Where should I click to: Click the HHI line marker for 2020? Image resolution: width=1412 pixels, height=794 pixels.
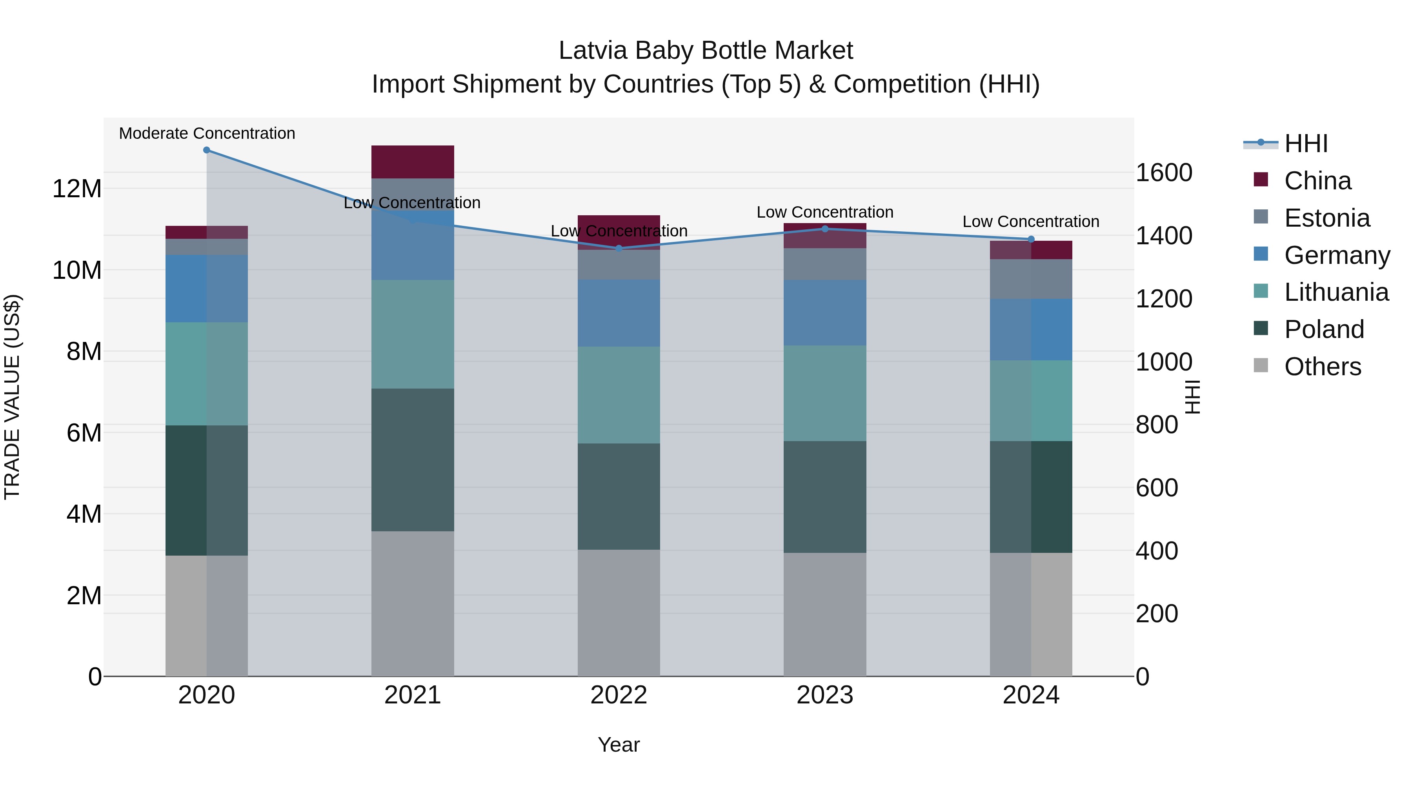pos(207,150)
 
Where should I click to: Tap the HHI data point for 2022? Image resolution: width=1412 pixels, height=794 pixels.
pos(619,248)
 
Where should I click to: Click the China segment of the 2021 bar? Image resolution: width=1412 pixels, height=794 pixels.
pos(413,162)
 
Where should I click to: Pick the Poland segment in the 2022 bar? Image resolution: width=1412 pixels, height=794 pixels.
pos(619,496)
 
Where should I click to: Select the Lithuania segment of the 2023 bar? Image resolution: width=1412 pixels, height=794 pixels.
pos(825,393)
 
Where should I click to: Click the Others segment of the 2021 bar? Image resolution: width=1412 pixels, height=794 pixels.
pos(413,603)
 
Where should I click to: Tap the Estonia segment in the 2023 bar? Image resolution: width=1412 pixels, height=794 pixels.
pos(825,264)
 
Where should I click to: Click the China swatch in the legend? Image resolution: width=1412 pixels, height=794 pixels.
pos(1261,180)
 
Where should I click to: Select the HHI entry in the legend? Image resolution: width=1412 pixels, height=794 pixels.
pos(1306,144)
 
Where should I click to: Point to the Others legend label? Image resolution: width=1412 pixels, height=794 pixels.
pos(1322,367)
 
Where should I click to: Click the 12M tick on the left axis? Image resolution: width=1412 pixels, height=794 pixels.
pos(77,189)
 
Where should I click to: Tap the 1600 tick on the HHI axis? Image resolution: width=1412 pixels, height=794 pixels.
pos(1163,173)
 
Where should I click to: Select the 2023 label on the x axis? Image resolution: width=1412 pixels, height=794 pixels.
pos(825,695)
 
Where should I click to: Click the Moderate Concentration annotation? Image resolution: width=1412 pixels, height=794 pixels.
pos(207,134)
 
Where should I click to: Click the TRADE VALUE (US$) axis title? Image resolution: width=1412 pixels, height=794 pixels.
pos(12,397)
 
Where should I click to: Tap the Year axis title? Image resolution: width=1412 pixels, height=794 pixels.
pos(619,745)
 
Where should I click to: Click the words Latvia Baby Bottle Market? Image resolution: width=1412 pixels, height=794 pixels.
pos(706,51)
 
